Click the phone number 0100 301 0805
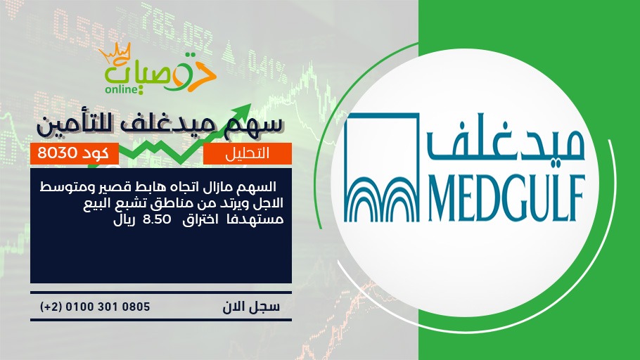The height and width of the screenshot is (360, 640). (x=108, y=307)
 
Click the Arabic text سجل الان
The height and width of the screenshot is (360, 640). (x=251, y=307)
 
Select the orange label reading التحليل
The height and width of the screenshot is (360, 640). (x=248, y=153)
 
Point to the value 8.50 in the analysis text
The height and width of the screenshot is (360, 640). (x=157, y=219)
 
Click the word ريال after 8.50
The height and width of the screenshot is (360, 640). (x=124, y=219)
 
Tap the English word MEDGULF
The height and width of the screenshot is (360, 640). (x=506, y=198)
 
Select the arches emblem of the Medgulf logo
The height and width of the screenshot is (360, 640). (x=382, y=168)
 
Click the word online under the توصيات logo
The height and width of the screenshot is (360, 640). (x=120, y=89)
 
